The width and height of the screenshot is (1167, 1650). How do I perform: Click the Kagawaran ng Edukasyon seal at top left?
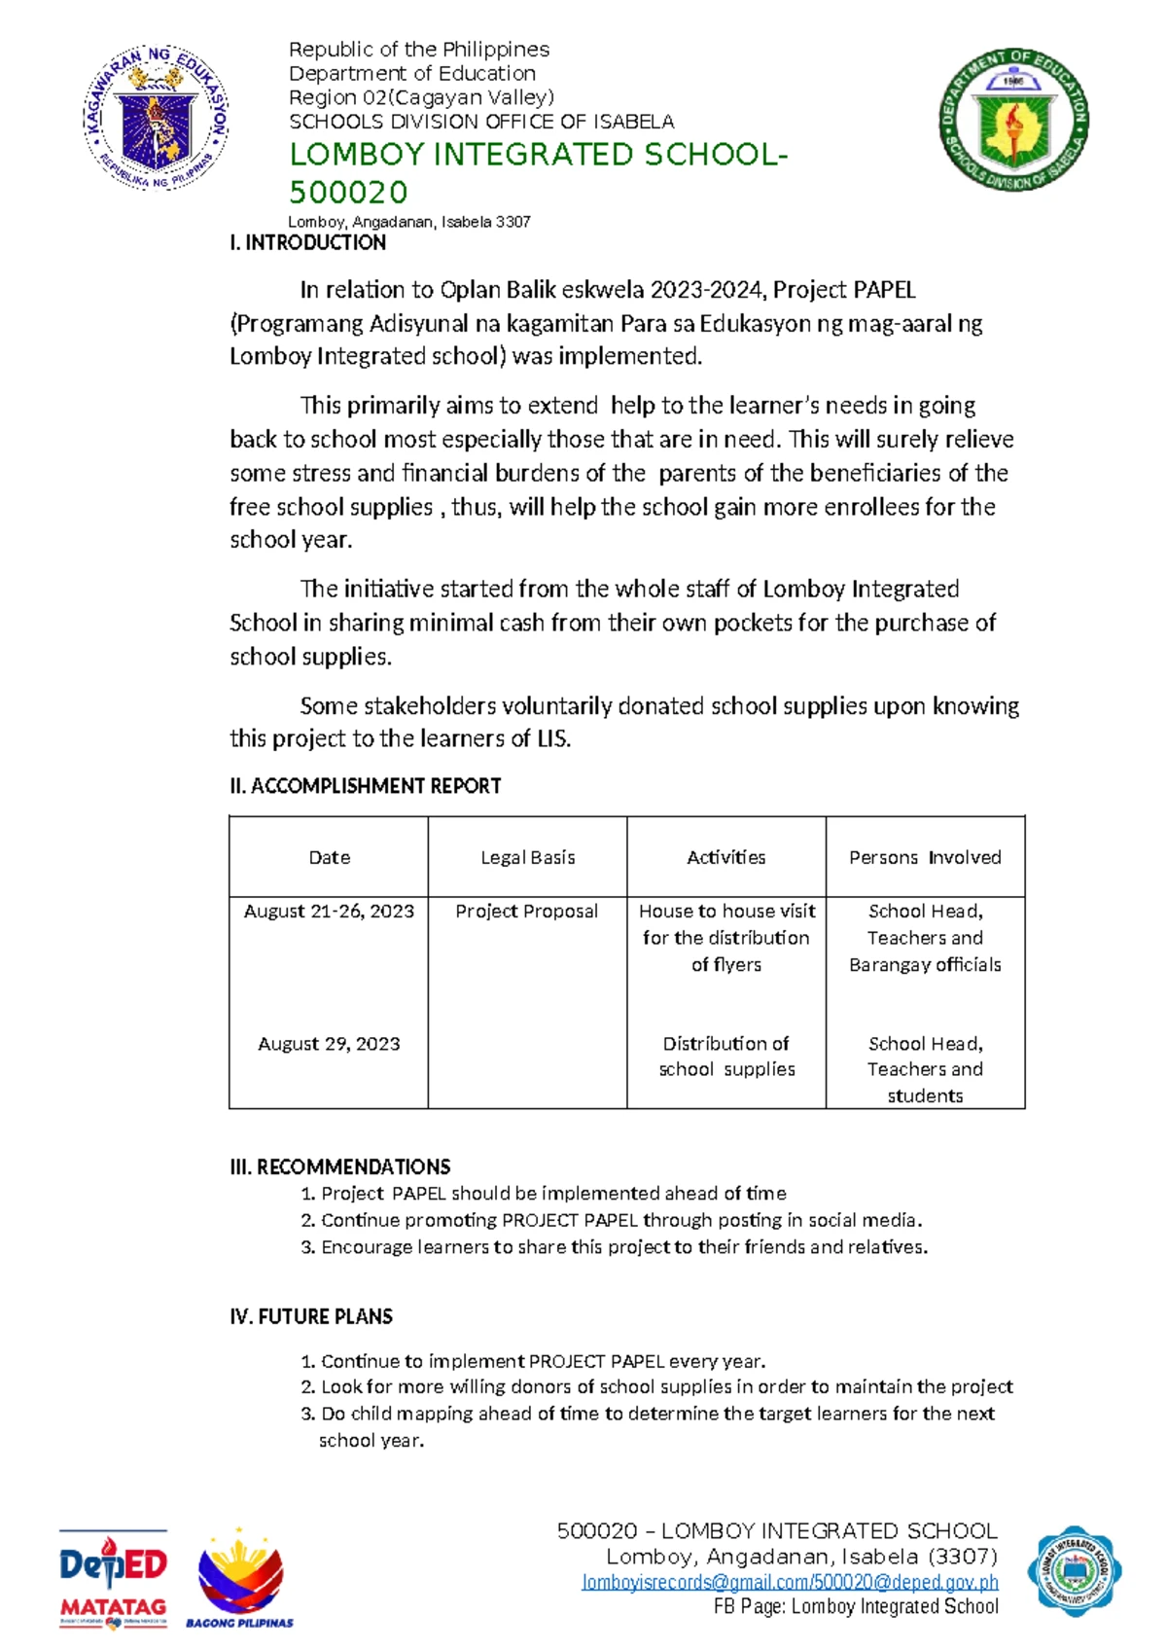(157, 118)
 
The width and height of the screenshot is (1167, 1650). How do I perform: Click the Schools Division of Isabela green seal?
(1013, 120)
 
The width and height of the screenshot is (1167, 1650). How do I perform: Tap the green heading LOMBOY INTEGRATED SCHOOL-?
(538, 155)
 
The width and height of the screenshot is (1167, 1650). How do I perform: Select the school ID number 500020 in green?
(347, 192)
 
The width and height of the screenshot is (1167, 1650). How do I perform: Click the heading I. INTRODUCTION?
(307, 243)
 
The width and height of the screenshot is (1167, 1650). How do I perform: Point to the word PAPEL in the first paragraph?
(884, 290)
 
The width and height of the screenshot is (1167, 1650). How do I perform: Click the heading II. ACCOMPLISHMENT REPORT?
(365, 786)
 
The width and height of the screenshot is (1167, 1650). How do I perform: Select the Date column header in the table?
(329, 857)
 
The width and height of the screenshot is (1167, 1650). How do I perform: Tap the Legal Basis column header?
(527, 857)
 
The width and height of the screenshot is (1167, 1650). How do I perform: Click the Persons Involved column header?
(924, 857)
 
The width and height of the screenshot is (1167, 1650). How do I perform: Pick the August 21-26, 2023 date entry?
(329, 912)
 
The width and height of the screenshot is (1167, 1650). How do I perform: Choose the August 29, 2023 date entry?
(329, 1044)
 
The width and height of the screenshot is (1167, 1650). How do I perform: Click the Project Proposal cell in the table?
(526, 912)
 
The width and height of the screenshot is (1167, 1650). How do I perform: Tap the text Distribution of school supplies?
(726, 1057)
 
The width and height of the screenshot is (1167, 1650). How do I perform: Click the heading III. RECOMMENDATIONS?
(339, 1166)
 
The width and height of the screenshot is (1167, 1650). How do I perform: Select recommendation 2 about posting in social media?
(620, 1220)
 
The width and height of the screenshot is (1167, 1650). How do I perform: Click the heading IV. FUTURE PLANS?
(311, 1316)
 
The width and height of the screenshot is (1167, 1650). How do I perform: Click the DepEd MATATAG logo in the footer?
(113, 1577)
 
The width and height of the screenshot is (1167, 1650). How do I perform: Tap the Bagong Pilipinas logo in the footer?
(239, 1577)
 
